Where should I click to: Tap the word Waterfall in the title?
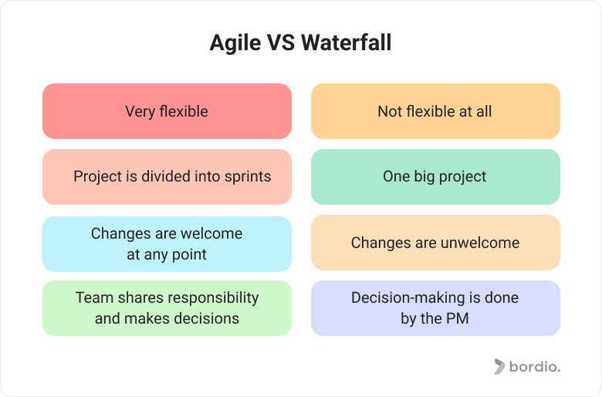[x=346, y=42]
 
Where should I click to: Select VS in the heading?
[x=281, y=42]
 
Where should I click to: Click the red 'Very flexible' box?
[x=167, y=111]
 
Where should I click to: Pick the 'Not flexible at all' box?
[x=435, y=111]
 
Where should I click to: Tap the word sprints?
[x=248, y=177]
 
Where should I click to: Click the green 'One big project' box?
[x=435, y=177]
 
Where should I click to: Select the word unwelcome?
[x=480, y=243]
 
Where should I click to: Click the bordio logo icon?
[x=499, y=367]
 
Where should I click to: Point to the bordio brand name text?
[x=535, y=367]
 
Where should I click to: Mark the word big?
[x=424, y=177]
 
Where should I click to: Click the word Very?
[x=140, y=112]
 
